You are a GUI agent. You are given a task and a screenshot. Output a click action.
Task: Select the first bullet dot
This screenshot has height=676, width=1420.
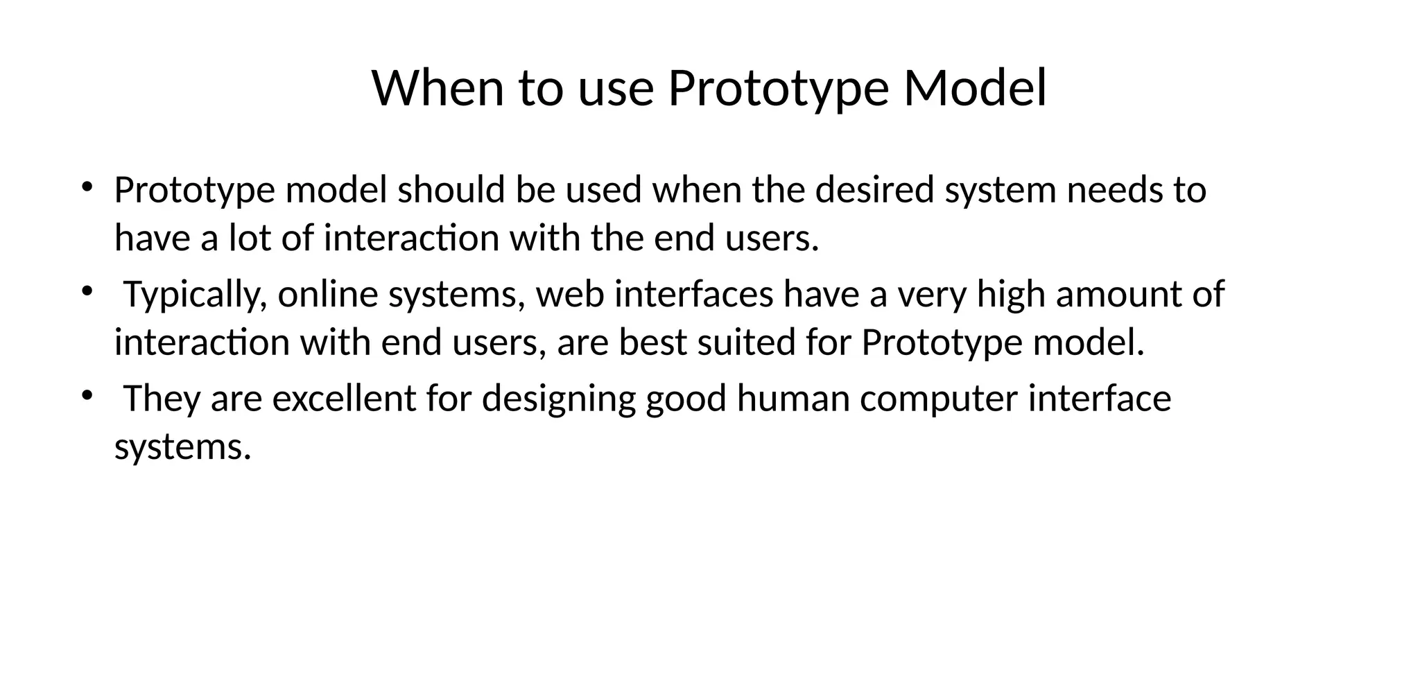pyautogui.click(x=87, y=187)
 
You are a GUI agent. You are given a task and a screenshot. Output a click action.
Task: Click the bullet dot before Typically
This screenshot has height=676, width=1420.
pyautogui.click(x=87, y=291)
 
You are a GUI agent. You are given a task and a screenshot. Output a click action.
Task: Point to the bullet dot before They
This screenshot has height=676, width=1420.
pyautogui.click(x=87, y=395)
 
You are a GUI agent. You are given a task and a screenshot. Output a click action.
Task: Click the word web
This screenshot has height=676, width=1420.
pyautogui.click(x=570, y=293)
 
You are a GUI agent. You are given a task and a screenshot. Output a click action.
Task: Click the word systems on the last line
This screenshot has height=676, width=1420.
pyautogui.click(x=182, y=447)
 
